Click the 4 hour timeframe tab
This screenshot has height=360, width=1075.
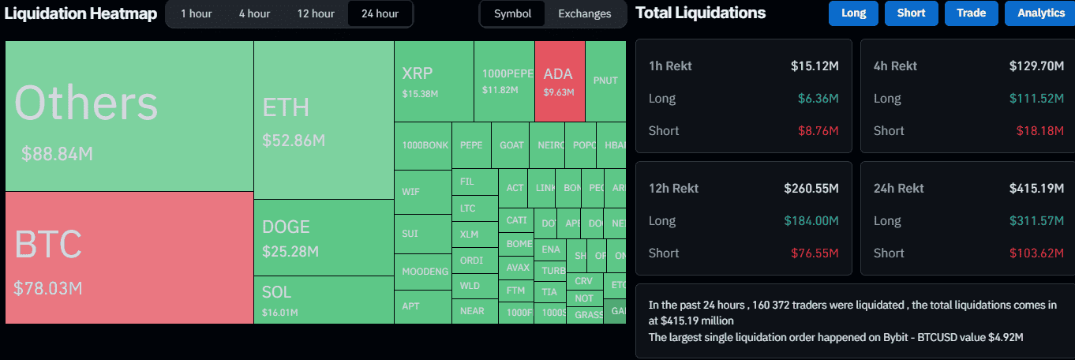coord(254,13)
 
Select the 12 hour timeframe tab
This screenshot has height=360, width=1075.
coord(315,13)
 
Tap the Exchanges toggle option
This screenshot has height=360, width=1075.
coord(584,13)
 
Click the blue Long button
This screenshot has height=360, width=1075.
coord(853,13)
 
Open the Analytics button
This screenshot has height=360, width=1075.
coord(1040,13)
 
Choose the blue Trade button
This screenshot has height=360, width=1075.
coord(971,13)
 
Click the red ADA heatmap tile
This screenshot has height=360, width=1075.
coord(560,81)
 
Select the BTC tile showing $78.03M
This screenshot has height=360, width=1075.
coord(129,257)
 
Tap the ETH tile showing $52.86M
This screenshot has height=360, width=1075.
coord(324,120)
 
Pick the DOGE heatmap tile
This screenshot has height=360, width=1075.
coord(324,237)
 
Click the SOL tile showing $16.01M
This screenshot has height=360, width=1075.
coord(324,299)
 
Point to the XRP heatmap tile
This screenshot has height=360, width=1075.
coord(433,81)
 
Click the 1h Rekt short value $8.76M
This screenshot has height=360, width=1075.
coord(817,131)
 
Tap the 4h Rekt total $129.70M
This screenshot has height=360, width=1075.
coord(1036,66)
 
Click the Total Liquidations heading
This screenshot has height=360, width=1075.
coord(700,13)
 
